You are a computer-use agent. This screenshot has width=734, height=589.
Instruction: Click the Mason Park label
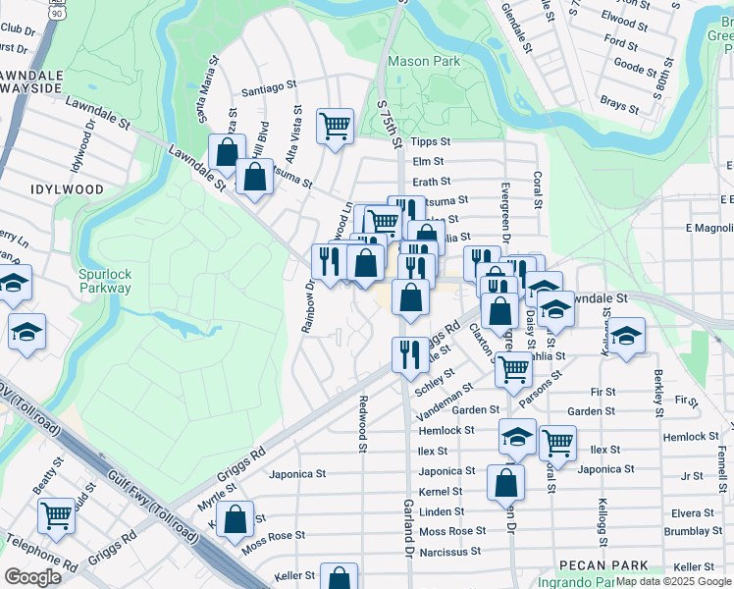423,61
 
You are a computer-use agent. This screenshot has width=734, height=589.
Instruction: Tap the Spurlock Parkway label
105,282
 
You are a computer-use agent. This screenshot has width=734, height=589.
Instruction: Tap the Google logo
32,576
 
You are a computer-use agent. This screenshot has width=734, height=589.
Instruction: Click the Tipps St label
430,141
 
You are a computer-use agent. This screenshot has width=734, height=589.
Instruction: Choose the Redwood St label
362,417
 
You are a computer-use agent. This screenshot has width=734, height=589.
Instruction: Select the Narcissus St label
449,552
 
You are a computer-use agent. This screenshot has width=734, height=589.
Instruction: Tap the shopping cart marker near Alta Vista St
335,126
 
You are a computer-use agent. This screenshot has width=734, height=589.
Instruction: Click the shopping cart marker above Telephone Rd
57,514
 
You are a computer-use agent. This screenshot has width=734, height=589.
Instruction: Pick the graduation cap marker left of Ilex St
517,437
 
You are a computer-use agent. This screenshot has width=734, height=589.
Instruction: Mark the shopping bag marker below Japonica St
506,482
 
